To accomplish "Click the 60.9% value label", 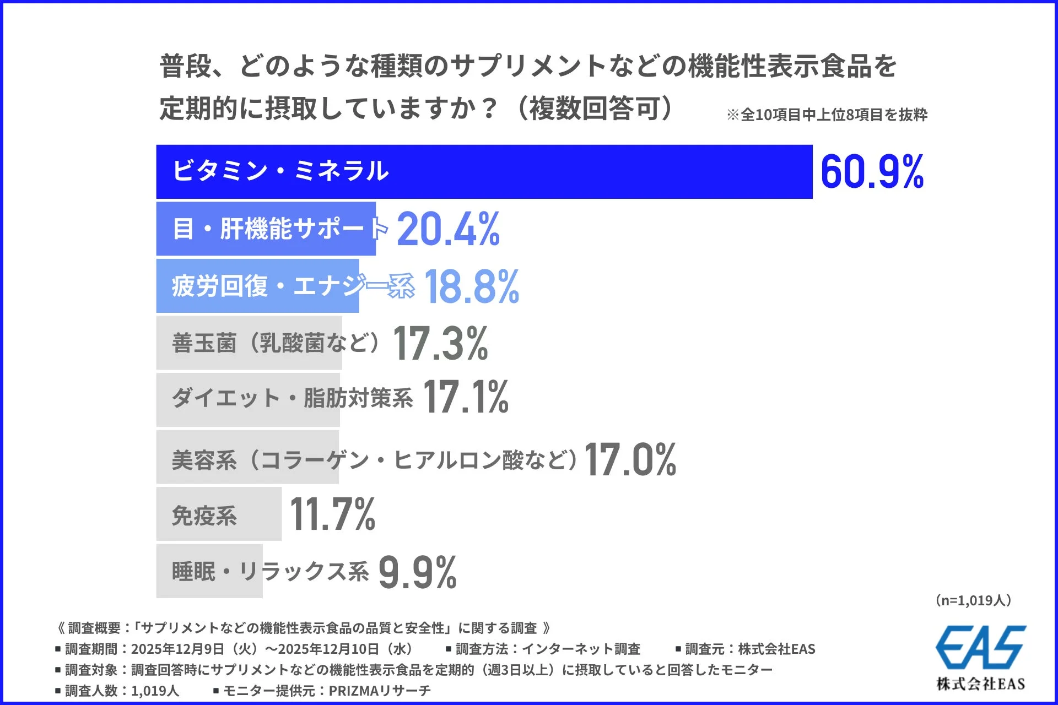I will click(x=872, y=172).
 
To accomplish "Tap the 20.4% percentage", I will click(x=448, y=229).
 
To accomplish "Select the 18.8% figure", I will click(x=472, y=286).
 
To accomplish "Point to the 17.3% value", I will click(x=440, y=343).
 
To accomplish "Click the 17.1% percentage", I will click(x=466, y=397).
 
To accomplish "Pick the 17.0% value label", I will click(x=630, y=459).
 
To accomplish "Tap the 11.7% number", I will click(x=332, y=514).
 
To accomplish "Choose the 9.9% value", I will click(x=417, y=572).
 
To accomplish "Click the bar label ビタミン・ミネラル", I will click(x=280, y=171).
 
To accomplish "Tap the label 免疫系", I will click(x=204, y=516).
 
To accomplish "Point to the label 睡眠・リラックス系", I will click(x=270, y=571).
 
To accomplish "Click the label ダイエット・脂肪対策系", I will click(x=292, y=398).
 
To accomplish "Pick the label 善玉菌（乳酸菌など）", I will click(x=276, y=343).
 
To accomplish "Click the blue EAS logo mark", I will click(x=980, y=647).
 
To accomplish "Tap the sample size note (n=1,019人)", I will click(x=973, y=600).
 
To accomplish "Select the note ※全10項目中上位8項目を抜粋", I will click(x=827, y=115).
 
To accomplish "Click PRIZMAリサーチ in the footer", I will click(x=380, y=691).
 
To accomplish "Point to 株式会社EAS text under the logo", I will click(x=980, y=684).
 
